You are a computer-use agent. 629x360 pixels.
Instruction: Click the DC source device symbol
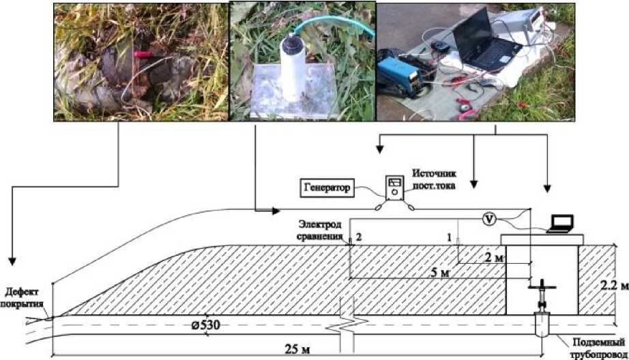coord(394,187)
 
